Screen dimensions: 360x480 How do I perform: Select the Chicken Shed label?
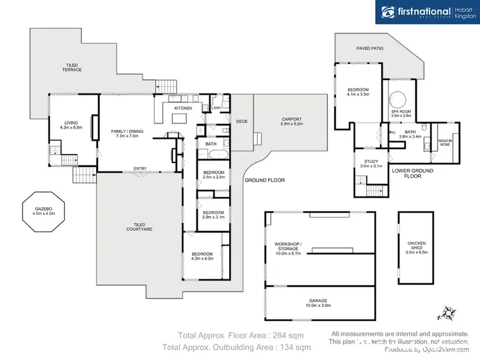[x=416, y=247]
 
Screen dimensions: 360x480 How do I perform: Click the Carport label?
[x=291, y=121]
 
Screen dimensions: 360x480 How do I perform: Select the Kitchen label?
[x=183, y=108]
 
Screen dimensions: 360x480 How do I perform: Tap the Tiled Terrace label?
[x=72, y=67]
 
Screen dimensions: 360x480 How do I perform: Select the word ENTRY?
[x=140, y=169]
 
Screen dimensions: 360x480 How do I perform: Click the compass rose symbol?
[x=447, y=313]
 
